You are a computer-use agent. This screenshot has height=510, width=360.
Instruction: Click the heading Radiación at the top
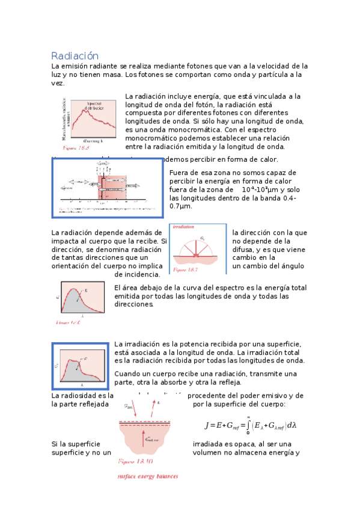coord(75,55)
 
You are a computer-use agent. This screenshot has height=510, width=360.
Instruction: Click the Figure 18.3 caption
coord(76,147)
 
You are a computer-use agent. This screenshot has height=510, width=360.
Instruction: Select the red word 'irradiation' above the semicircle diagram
coord(183,227)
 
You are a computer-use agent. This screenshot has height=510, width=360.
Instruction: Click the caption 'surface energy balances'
coord(147,476)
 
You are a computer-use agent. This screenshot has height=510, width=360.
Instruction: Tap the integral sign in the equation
coord(248,425)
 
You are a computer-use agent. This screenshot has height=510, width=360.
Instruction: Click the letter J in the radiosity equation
coord(207,425)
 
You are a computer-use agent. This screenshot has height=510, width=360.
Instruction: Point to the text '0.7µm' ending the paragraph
coord(181,206)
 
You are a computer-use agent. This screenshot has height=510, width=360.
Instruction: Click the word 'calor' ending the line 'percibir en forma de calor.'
coord(266,159)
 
